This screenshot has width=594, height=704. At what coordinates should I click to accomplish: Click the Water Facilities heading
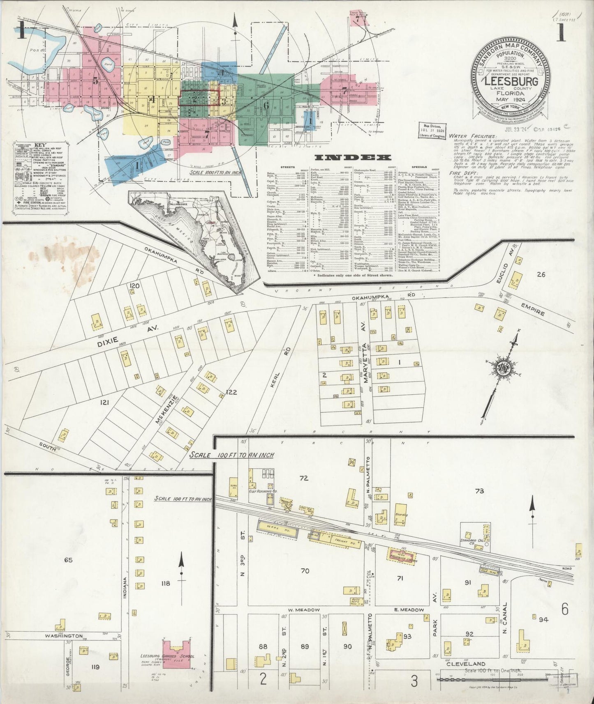click(x=472, y=136)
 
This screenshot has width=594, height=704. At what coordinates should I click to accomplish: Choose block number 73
click(x=479, y=491)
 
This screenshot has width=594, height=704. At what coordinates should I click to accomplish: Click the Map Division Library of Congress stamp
click(x=431, y=129)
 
